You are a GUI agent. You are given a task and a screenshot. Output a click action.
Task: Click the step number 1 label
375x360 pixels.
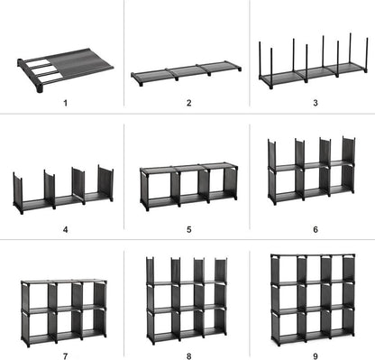66,104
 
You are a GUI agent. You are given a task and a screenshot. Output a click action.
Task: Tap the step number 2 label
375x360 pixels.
188,104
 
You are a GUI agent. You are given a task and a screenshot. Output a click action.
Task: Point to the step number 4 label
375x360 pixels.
66,229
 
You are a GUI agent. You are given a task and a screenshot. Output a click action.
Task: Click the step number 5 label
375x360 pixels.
188,229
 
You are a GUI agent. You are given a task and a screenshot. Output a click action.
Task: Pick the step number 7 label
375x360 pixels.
66,354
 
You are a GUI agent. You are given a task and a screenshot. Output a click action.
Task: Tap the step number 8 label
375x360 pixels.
188,354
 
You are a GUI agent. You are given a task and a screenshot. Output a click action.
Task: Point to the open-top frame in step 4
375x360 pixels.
63,190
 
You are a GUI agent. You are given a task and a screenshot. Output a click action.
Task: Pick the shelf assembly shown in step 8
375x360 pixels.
187,300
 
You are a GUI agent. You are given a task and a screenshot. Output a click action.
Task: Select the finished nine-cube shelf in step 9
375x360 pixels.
310,298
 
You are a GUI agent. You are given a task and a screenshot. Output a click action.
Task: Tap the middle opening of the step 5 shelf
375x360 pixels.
187,186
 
